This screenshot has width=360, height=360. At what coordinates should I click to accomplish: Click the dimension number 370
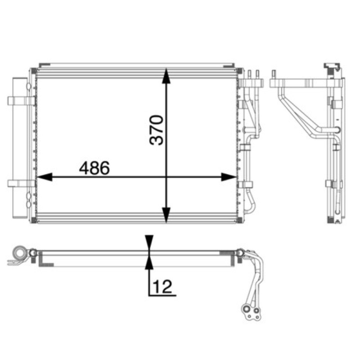coord(156,130)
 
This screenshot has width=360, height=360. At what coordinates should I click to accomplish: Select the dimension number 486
coord(94,168)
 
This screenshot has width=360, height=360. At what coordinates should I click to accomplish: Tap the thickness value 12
coord(162,287)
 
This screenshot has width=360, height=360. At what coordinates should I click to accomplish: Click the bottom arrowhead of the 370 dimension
coord(166,215)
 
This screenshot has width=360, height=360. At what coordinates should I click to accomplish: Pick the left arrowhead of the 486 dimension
coord(44,177)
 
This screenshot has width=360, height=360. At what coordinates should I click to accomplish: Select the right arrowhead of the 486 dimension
coord(229,177)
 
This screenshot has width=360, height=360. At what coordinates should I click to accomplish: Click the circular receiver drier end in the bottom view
coord(19,254)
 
